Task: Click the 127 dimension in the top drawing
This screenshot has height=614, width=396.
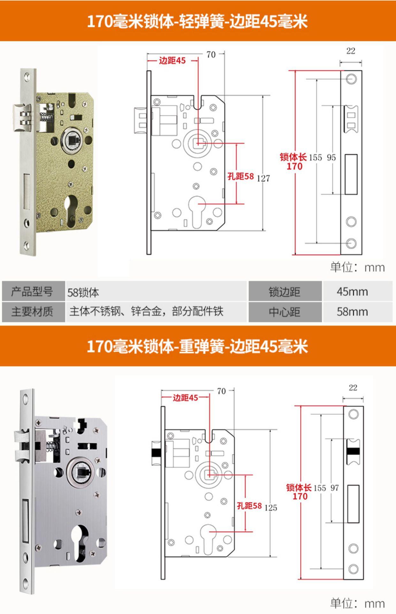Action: click(263, 178)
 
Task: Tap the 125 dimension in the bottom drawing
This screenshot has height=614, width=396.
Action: click(271, 508)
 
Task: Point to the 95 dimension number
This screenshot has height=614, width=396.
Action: click(331, 157)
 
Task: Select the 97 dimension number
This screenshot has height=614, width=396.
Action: click(335, 488)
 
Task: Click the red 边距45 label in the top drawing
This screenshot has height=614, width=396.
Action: click(172, 60)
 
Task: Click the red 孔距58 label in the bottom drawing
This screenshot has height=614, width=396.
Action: click(249, 506)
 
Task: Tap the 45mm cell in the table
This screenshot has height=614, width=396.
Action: click(352, 292)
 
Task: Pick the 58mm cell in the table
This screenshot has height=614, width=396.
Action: click(352, 311)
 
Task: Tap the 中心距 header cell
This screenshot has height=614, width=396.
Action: click(284, 312)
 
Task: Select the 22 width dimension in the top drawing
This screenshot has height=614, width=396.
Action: click(351, 51)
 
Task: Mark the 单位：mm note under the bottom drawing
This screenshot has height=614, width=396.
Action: click(357, 603)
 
